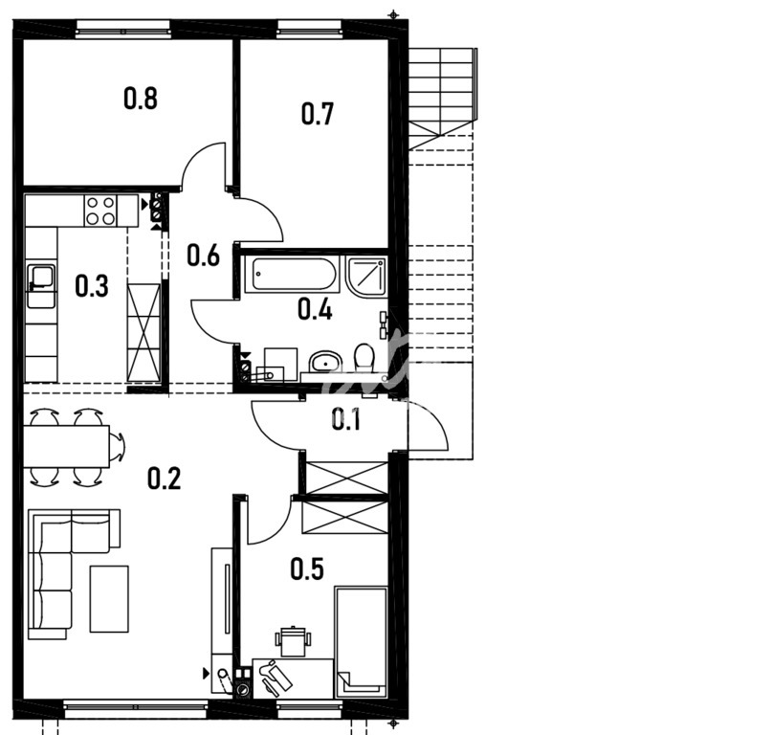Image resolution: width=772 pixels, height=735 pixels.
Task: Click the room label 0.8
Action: [141, 98]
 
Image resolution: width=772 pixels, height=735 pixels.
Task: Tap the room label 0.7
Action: [318, 113]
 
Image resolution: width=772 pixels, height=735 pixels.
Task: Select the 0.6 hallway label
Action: [204, 256]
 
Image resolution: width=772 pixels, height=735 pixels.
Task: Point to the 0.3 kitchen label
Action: [92, 286]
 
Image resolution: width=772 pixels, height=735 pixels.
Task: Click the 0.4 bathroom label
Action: [315, 309]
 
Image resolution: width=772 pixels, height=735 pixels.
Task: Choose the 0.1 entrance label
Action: [345, 420]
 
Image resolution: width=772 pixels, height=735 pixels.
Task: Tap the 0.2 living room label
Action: [165, 479]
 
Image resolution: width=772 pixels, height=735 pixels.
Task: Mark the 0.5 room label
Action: [307, 568]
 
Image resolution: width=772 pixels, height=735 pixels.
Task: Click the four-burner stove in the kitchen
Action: [100, 211]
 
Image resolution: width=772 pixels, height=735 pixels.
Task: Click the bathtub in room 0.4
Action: [295, 275]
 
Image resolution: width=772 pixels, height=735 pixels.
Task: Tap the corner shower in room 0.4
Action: [366, 276]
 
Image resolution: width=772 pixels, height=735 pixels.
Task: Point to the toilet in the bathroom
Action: [364, 357]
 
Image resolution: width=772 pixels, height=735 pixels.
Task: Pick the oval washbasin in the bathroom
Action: [325, 361]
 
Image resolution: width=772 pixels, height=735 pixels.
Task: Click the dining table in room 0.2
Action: [66, 446]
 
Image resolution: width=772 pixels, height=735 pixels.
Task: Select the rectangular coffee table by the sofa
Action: [109, 598]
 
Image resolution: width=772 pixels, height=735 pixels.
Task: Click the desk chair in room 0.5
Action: [293, 641]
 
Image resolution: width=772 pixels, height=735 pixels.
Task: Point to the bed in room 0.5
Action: [361, 642]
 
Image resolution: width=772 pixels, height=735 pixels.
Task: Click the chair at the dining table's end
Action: [118, 447]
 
